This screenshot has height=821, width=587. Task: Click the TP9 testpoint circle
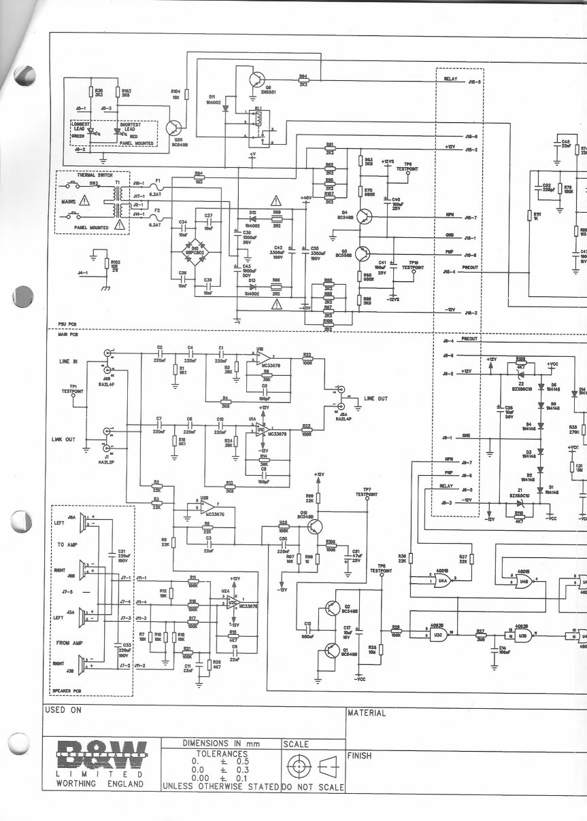click(407, 174)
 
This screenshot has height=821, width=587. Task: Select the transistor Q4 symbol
click(365, 216)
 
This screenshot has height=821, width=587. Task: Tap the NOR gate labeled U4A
click(443, 578)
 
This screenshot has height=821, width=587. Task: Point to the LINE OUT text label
click(376, 398)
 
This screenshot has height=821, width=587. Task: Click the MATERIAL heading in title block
click(367, 714)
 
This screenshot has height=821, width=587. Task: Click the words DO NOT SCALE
click(313, 788)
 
